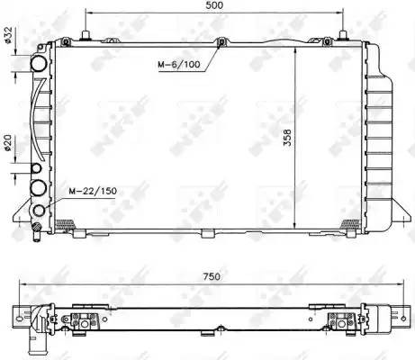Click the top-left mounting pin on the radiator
(x=85, y=35)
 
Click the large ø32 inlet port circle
(x=39, y=65)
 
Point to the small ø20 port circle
(x=36, y=168)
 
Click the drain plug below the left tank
(x=35, y=232)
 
